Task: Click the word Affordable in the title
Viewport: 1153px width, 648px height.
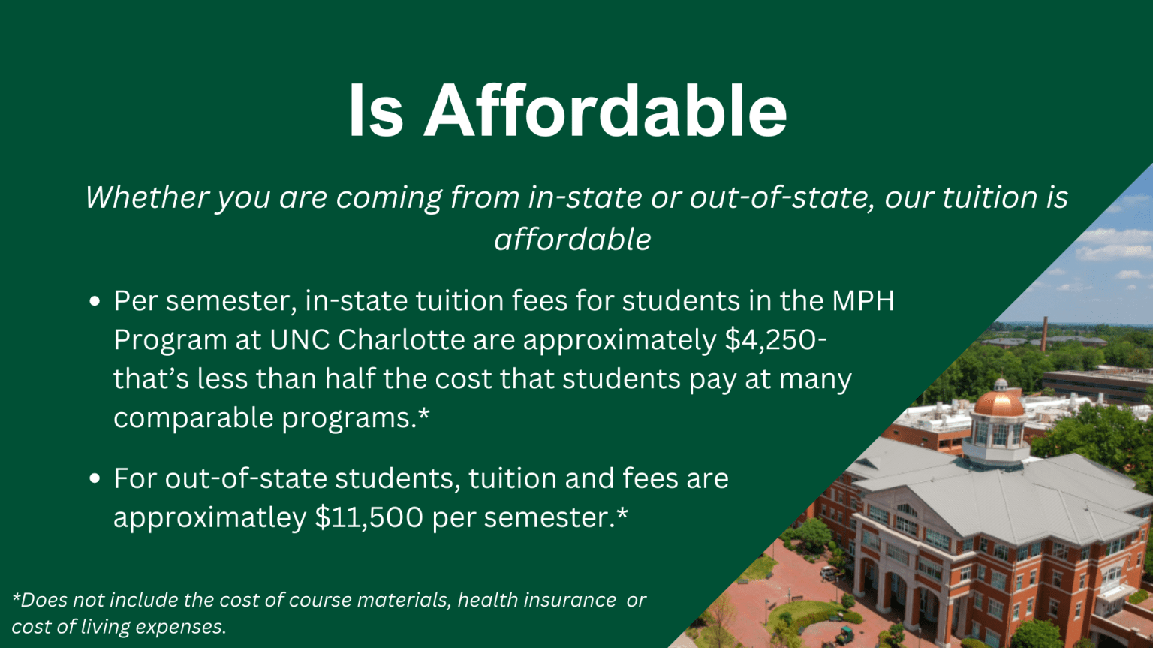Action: pyautogui.click(x=606, y=110)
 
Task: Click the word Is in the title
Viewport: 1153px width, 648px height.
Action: pyautogui.click(x=376, y=110)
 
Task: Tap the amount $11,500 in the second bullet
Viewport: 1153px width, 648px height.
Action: pyautogui.click(x=369, y=517)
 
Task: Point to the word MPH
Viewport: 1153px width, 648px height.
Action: pyautogui.click(x=862, y=301)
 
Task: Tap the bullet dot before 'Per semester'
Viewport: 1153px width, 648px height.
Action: pyautogui.click(x=95, y=302)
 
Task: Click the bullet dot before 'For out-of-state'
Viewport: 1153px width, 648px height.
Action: pyautogui.click(x=95, y=479)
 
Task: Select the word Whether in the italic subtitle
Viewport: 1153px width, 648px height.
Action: pyautogui.click(x=146, y=197)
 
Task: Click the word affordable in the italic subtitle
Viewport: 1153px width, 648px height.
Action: pyautogui.click(x=573, y=240)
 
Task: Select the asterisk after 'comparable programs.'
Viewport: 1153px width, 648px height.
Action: pyautogui.click(x=424, y=414)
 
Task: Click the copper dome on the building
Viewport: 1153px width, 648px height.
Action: pyautogui.click(x=998, y=403)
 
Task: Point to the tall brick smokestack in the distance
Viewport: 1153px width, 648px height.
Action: pyautogui.click(x=1044, y=334)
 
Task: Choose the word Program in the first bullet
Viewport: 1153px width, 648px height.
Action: pyautogui.click(x=170, y=340)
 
